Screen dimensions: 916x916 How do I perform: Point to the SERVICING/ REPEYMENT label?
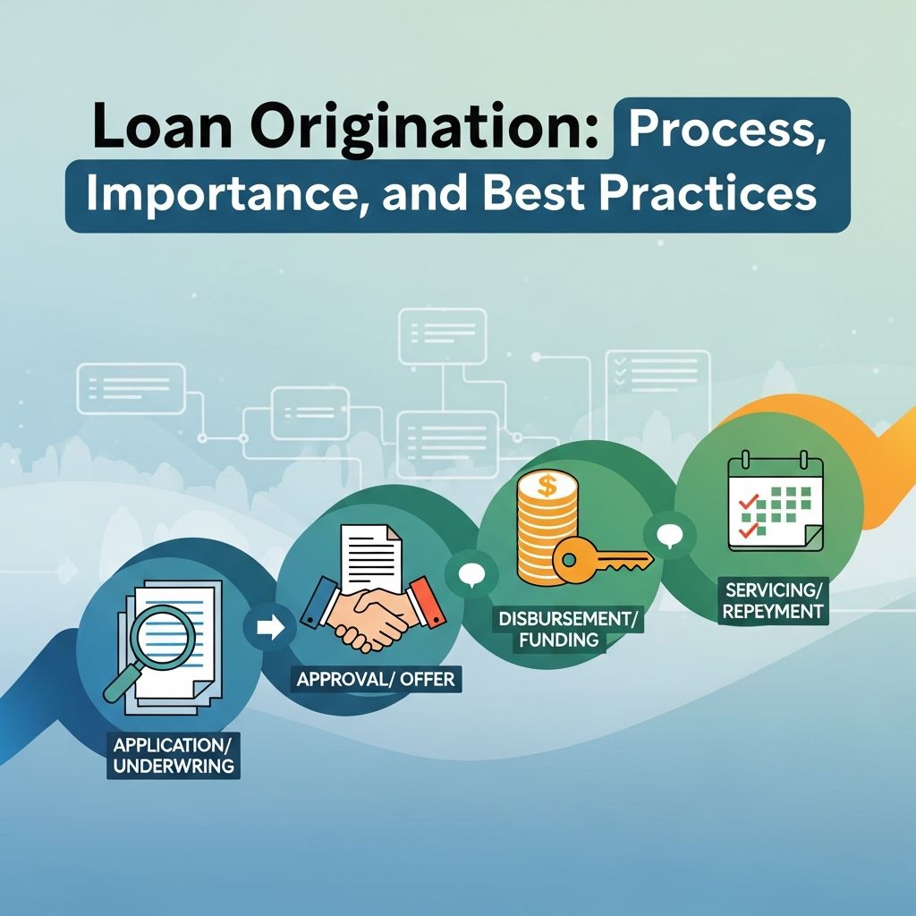pos(775,601)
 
